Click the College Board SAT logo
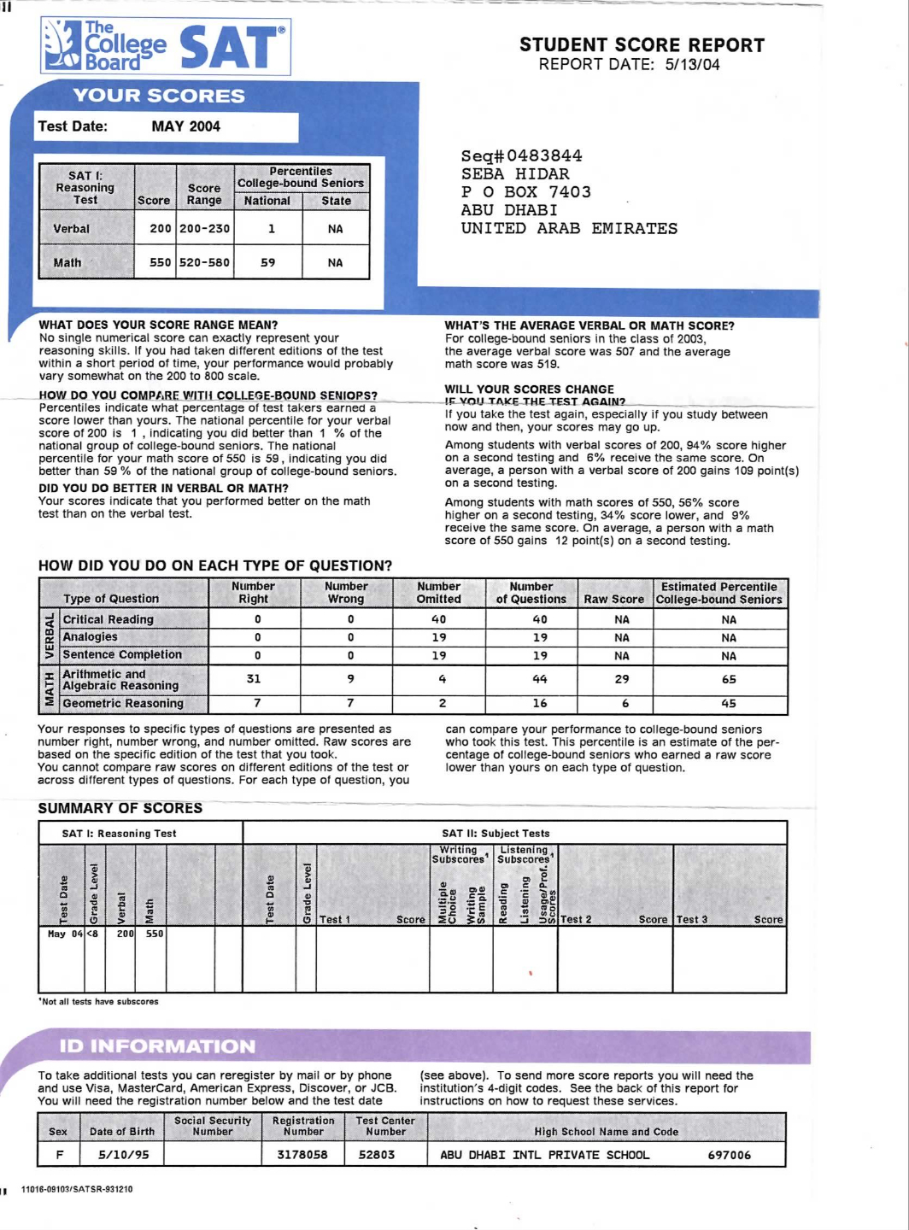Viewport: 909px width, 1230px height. click(166, 46)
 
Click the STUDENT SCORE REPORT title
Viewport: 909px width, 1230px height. click(642, 45)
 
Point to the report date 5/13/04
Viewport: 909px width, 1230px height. click(692, 65)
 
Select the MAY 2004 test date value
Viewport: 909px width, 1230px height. click(185, 126)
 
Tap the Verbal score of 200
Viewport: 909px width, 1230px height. click(160, 229)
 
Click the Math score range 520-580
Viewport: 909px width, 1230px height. click(204, 263)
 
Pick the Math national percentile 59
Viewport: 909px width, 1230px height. click(267, 263)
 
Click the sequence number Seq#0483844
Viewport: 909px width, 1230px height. click(521, 155)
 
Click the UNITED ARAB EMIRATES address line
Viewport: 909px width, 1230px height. click(569, 229)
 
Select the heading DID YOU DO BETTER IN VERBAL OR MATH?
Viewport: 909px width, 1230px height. click(163, 489)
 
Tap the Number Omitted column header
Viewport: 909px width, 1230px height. click(438, 593)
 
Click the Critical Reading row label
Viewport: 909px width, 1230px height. click(108, 619)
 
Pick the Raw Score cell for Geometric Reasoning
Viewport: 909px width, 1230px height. click(625, 704)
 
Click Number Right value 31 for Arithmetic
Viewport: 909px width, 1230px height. click(254, 679)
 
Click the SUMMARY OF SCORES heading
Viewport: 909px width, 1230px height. click(120, 808)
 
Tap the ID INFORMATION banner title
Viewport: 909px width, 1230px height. click(157, 1046)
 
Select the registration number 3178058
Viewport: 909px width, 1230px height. click(302, 1155)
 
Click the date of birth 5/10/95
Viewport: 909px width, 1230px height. click(123, 1155)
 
